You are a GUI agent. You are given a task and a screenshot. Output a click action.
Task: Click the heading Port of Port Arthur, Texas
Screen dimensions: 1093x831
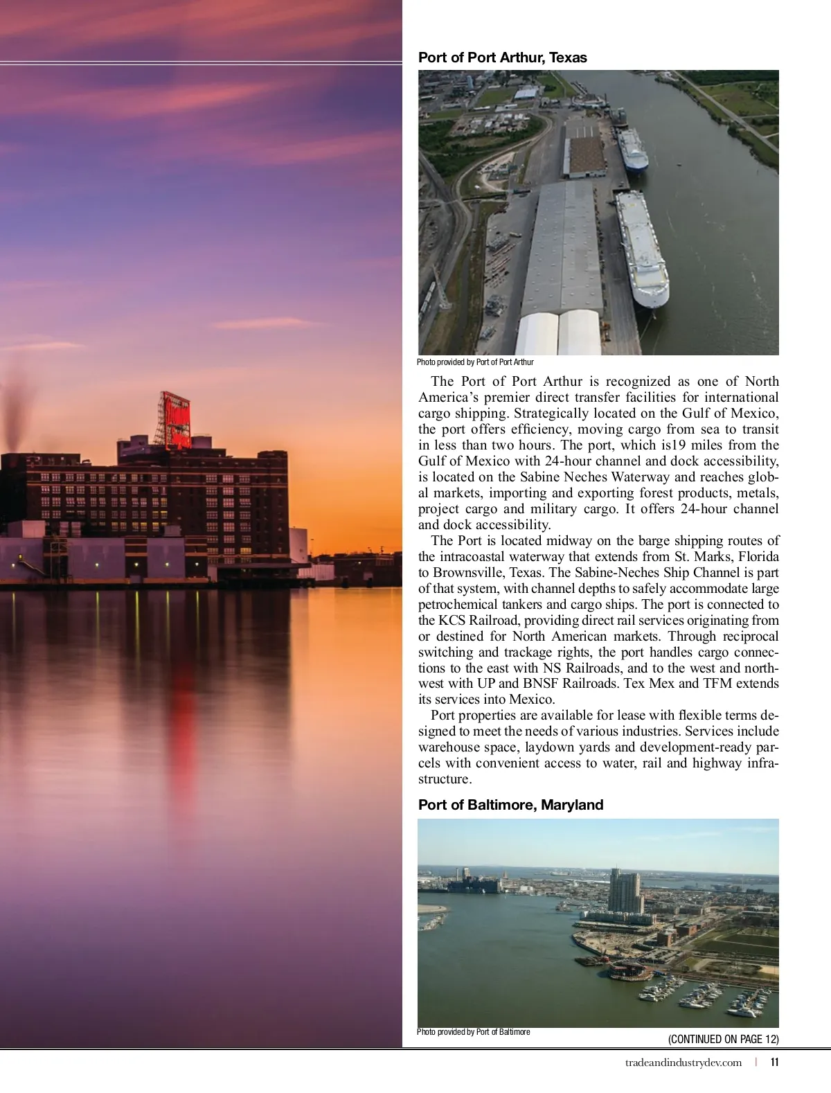502,57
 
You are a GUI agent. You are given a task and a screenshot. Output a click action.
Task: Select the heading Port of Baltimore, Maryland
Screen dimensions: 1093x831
510,805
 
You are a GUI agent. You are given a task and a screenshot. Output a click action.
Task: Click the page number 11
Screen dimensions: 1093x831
774,1063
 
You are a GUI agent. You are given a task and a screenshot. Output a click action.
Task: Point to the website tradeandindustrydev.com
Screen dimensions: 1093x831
683,1063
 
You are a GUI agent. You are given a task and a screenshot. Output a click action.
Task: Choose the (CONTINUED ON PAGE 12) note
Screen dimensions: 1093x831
723,1039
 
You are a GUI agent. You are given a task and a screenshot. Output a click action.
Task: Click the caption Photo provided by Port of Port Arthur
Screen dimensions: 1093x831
475,362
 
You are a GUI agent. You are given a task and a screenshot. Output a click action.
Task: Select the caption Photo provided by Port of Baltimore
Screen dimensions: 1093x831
474,1032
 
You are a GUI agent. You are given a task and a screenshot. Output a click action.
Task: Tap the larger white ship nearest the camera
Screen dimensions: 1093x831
642,249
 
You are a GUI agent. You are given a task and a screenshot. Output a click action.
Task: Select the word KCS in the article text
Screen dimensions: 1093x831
452,621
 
